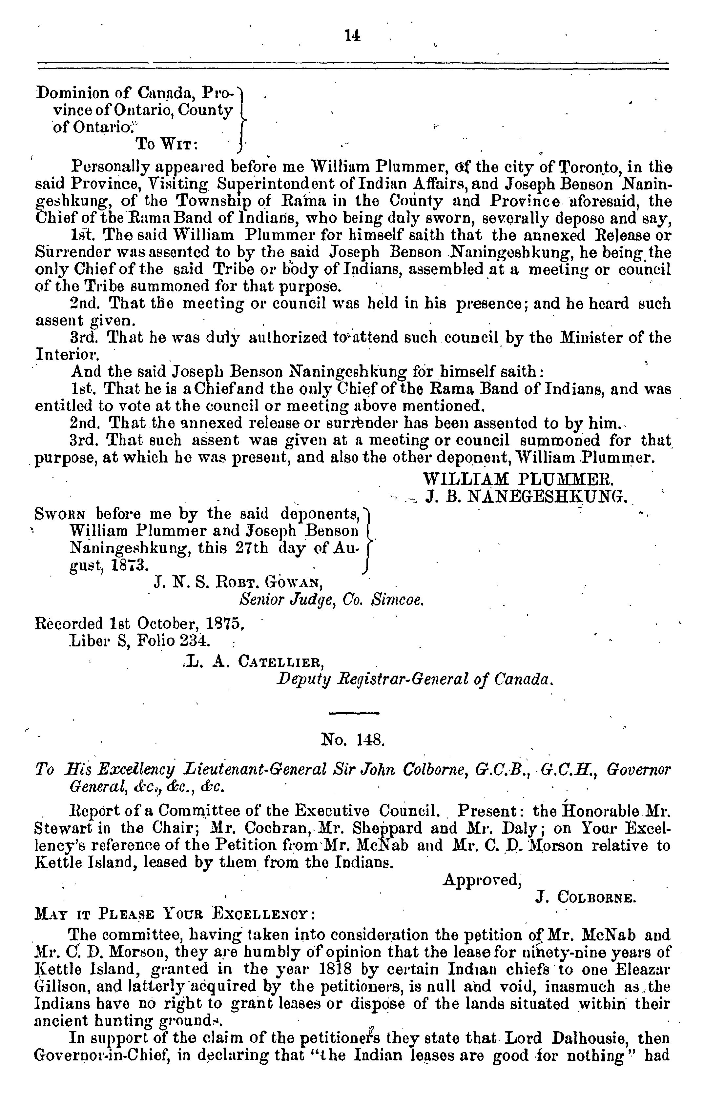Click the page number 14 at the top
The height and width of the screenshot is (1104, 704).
tap(352, 36)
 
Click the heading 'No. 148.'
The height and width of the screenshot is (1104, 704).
tap(352, 739)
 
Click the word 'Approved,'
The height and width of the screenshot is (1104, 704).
tap(482, 879)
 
